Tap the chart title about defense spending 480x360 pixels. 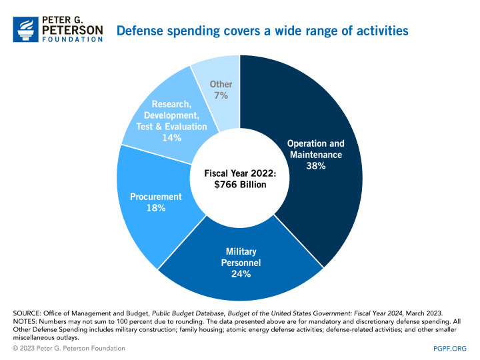click(263, 31)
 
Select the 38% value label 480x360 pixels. click(315, 166)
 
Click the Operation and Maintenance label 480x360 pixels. click(315, 149)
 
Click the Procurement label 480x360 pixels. click(157, 197)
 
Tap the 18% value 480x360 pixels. click(157, 208)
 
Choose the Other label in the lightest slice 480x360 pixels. click(221, 85)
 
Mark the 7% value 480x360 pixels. click(221, 96)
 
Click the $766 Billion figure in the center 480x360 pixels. click(240, 184)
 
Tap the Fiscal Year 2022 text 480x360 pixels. click(240, 172)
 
